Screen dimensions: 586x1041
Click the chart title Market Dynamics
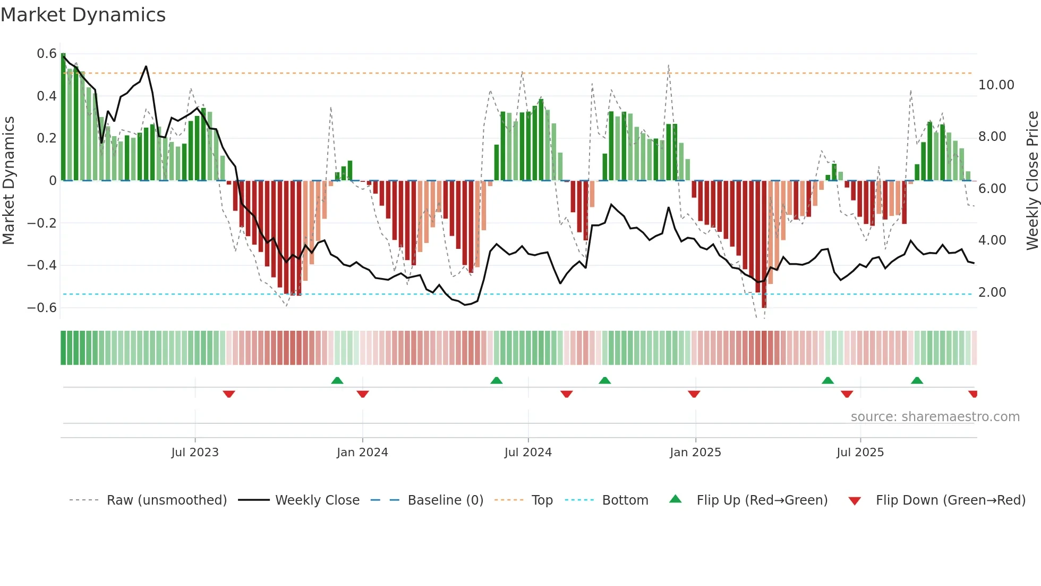pos(83,15)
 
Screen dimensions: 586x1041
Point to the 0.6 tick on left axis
pos(47,54)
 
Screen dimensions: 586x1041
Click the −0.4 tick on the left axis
pos(42,265)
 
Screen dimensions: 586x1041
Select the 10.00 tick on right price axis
pos(996,85)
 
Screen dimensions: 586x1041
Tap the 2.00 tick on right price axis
pos(992,292)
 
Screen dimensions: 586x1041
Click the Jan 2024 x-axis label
pos(362,453)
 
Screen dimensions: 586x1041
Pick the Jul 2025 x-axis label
pos(860,453)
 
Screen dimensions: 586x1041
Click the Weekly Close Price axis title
pos(1032,181)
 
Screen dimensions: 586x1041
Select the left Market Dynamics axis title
pos(8,181)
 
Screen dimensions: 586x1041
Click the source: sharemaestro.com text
pos(935,417)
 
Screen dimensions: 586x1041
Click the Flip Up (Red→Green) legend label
pos(762,500)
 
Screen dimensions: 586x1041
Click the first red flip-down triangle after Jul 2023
pos(229,394)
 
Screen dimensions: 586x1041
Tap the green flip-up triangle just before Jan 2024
pos(337,380)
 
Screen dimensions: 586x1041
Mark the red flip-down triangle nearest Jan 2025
pos(694,394)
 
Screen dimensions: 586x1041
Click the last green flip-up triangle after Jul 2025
pos(917,380)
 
